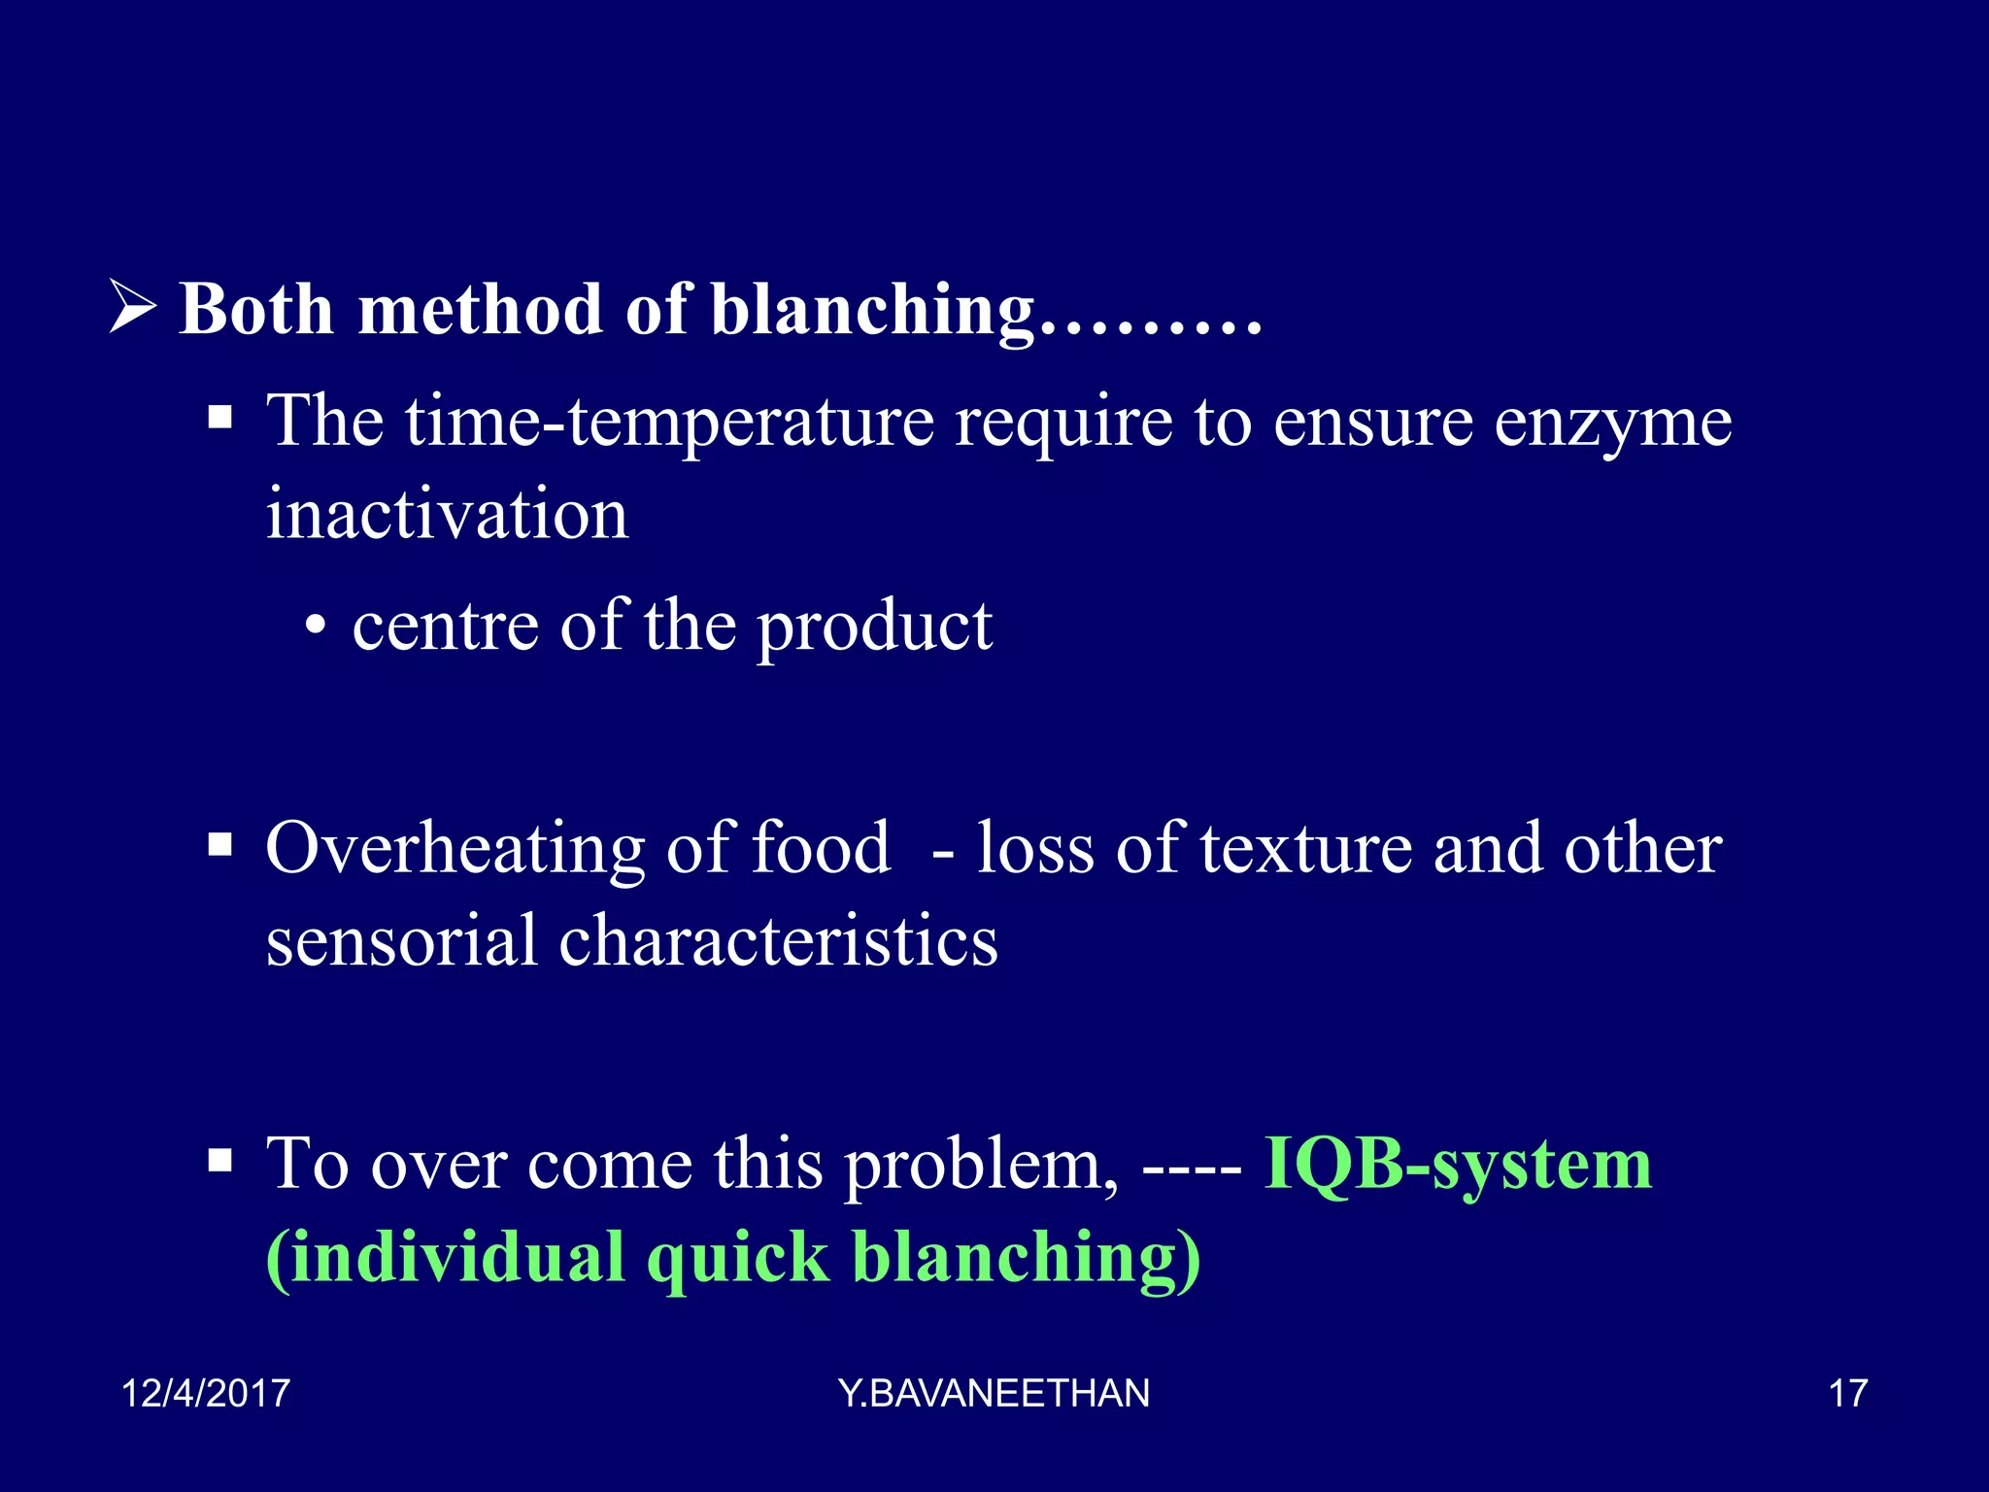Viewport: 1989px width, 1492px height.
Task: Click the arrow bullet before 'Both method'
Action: tap(132, 307)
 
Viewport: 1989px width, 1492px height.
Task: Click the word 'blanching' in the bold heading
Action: tap(872, 311)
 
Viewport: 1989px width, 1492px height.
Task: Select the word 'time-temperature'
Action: tap(669, 423)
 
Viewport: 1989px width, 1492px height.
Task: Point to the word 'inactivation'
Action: tap(447, 514)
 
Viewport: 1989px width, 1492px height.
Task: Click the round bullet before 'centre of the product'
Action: tap(314, 627)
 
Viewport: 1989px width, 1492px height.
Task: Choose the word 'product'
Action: tap(874, 627)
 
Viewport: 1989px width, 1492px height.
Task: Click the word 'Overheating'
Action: tap(455, 849)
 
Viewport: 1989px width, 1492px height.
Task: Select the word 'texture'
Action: tap(1305, 849)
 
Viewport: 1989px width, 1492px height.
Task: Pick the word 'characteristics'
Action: tap(778, 940)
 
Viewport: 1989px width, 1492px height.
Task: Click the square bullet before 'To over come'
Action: tap(220, 1160)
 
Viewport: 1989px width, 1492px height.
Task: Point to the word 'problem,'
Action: tap(981, 1166)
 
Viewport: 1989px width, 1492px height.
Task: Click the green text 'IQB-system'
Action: tap(1457, 1164)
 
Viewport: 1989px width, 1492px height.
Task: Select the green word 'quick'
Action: tap(738, 1259)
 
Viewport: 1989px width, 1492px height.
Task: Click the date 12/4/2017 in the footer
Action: tap(205, 1393)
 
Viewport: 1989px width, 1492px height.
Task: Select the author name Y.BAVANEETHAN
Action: tap(994, 1393)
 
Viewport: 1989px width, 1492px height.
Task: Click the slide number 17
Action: tap(1847, 1393)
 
